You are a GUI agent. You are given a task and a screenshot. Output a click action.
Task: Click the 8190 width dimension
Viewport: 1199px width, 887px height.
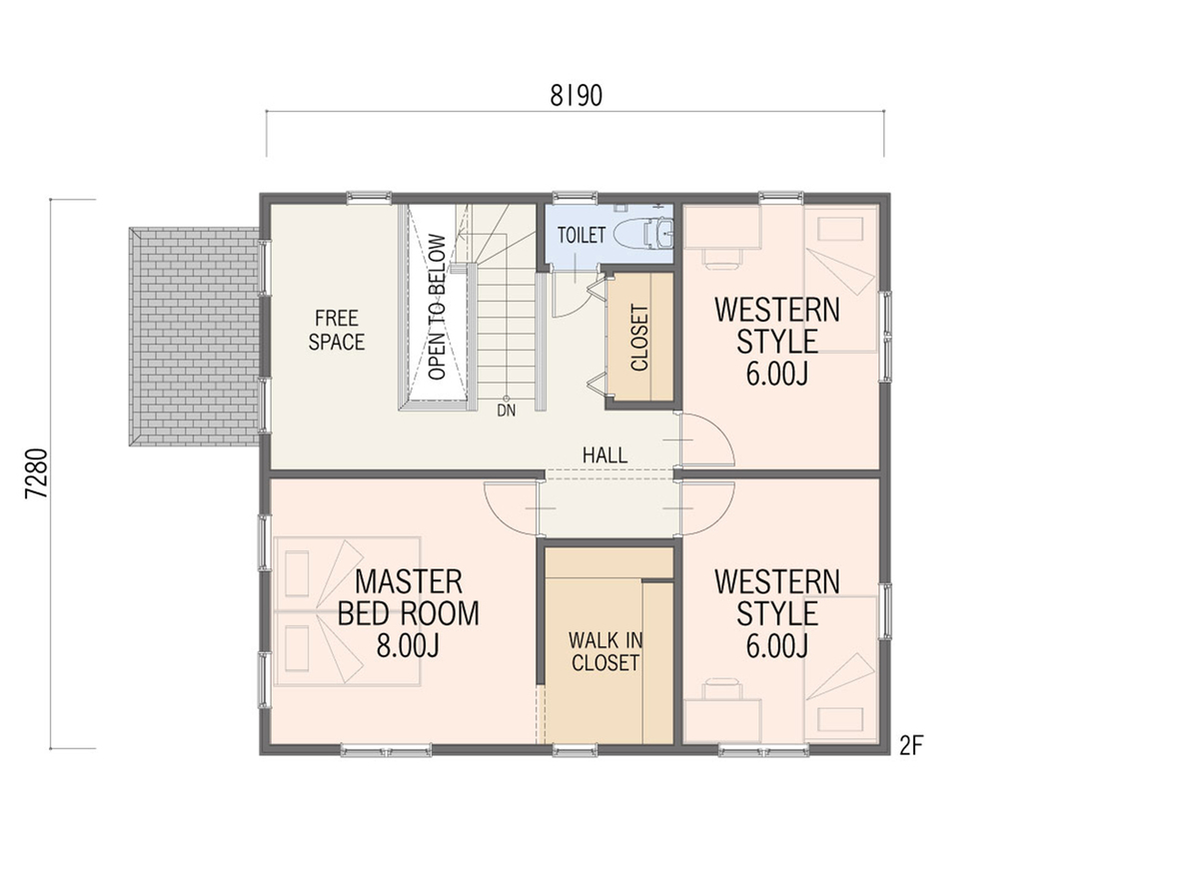[x=576, y=96]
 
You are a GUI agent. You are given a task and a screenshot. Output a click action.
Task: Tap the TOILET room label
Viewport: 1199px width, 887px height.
[x=582, y=235]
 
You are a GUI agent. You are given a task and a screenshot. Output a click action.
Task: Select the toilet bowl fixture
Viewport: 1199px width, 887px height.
[x=643, y=233]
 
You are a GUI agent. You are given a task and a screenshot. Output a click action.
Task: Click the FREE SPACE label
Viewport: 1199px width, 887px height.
[x=337, y=330]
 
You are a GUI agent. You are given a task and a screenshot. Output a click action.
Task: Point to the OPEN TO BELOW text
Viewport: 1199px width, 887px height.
[x=438, y=307]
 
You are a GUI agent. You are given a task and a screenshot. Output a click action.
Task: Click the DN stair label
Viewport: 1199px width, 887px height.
[x=507, y=411]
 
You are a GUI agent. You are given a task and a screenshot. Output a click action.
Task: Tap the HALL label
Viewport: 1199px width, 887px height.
[x=604, y=455]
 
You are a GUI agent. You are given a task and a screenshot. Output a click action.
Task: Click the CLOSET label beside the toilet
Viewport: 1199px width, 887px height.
[x=639, y=338]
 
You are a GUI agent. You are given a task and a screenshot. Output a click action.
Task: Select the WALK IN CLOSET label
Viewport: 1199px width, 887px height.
[x=605, y=651]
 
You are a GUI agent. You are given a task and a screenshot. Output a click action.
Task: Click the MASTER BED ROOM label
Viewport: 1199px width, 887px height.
[x=408, y=597]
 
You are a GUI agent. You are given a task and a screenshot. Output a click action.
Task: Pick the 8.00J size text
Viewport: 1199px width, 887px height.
[x=408, y=645]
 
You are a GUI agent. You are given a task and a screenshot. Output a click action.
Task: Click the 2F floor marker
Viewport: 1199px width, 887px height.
[x=911, y=746]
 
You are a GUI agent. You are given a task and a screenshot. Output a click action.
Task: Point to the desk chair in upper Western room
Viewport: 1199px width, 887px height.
[x=721, y=258]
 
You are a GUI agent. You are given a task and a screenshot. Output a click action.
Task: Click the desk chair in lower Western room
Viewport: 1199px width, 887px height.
[x=722, y=689]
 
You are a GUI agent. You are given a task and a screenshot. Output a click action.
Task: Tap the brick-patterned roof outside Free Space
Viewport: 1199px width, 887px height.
[x=195, y=337]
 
